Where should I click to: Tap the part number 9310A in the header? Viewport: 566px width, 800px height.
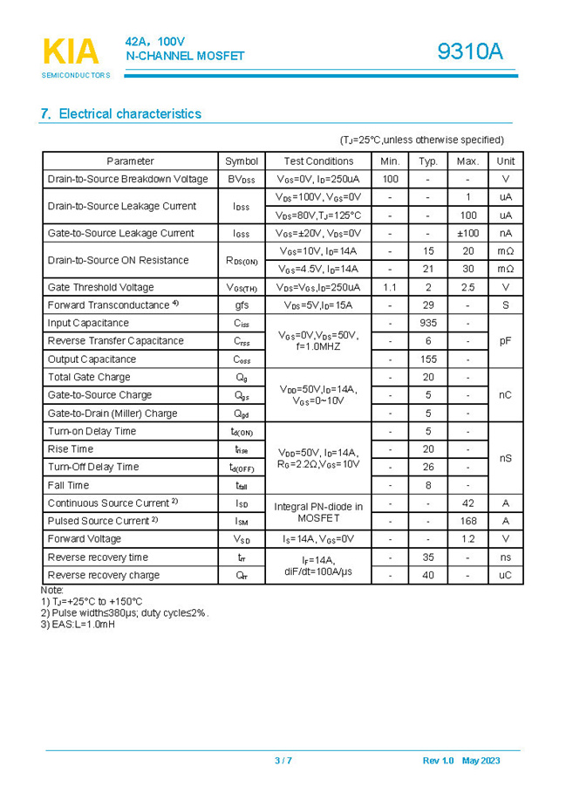[x=470, y=52]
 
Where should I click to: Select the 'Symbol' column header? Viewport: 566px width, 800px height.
[x=242, y=161]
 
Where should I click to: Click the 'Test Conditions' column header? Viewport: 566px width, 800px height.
[x=318, y=161]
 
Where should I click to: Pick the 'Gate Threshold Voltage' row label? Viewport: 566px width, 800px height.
[x=101, y=287]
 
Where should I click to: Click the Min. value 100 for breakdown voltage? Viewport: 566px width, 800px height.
[x=390, y=179]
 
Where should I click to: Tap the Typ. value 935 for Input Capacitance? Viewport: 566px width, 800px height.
[x=427, y=323]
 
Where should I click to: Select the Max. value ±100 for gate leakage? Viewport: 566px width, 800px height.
[x=467, y=233]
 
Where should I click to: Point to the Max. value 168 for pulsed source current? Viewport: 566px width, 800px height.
[x=467, y=521]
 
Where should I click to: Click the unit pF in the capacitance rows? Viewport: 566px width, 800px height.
[x=505, y=341]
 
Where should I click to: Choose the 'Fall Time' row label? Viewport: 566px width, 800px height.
[x=68, y=485]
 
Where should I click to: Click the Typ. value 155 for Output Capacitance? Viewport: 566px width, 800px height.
[x=427, y=359]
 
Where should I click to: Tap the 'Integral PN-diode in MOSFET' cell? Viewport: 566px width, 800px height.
[x=318, y=512]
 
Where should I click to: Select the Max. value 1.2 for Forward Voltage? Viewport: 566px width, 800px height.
[x=467, y=539]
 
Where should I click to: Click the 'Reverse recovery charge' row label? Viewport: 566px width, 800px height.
[x=104, y=575]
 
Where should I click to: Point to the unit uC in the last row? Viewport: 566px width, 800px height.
[x=505, y=575]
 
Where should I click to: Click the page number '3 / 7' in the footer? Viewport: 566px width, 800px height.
[x=283, y=761]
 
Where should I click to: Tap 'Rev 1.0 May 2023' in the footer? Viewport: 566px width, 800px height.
[x=461, y=761]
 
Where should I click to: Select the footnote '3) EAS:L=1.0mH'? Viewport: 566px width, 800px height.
[x=78, y=625]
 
